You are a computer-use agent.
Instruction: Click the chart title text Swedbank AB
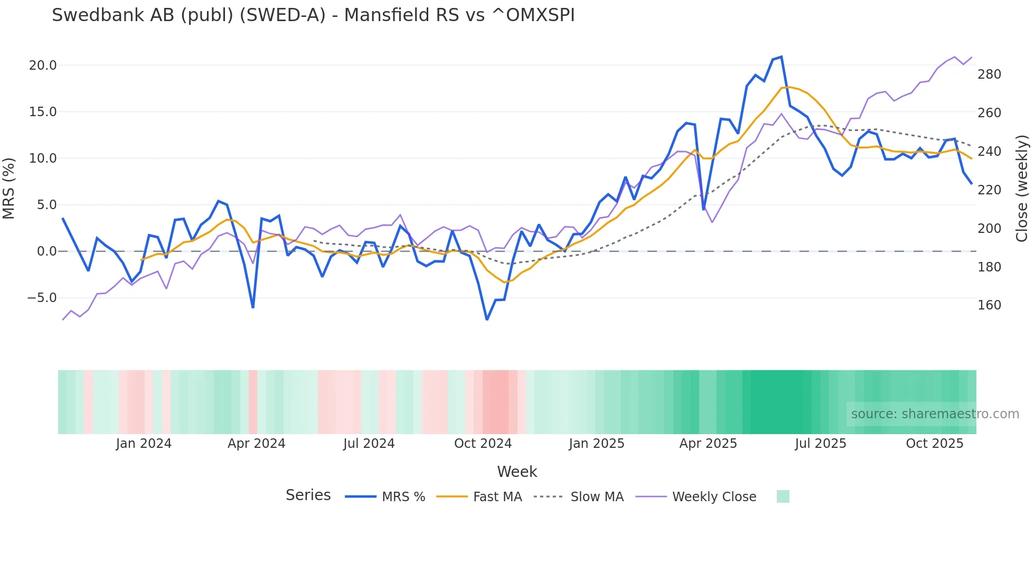click(x=313, y=15)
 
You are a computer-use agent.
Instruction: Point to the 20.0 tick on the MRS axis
click(x=42, y=65)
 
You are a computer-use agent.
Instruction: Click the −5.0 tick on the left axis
click(x=42, y=298)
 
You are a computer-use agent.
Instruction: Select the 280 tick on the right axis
click(x=989, y=74)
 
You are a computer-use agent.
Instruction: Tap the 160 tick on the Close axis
click(x=989, y=305)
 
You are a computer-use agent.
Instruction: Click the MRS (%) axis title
click(x=9, y=188)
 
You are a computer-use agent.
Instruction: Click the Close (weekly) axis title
click(x=1022, y=188)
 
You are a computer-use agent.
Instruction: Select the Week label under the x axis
click(x=516, y=472)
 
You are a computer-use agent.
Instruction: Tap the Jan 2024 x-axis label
click(x=144, y=444)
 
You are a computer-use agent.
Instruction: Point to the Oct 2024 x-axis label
click(x=483, y=444)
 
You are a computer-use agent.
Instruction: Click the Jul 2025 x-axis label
click(x=820, y=444)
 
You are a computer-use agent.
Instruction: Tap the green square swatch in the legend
click(x=783, y=496)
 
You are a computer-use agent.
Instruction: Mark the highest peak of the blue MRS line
click(x=782, y=57)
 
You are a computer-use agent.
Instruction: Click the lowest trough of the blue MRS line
click(x=487, y=320)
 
